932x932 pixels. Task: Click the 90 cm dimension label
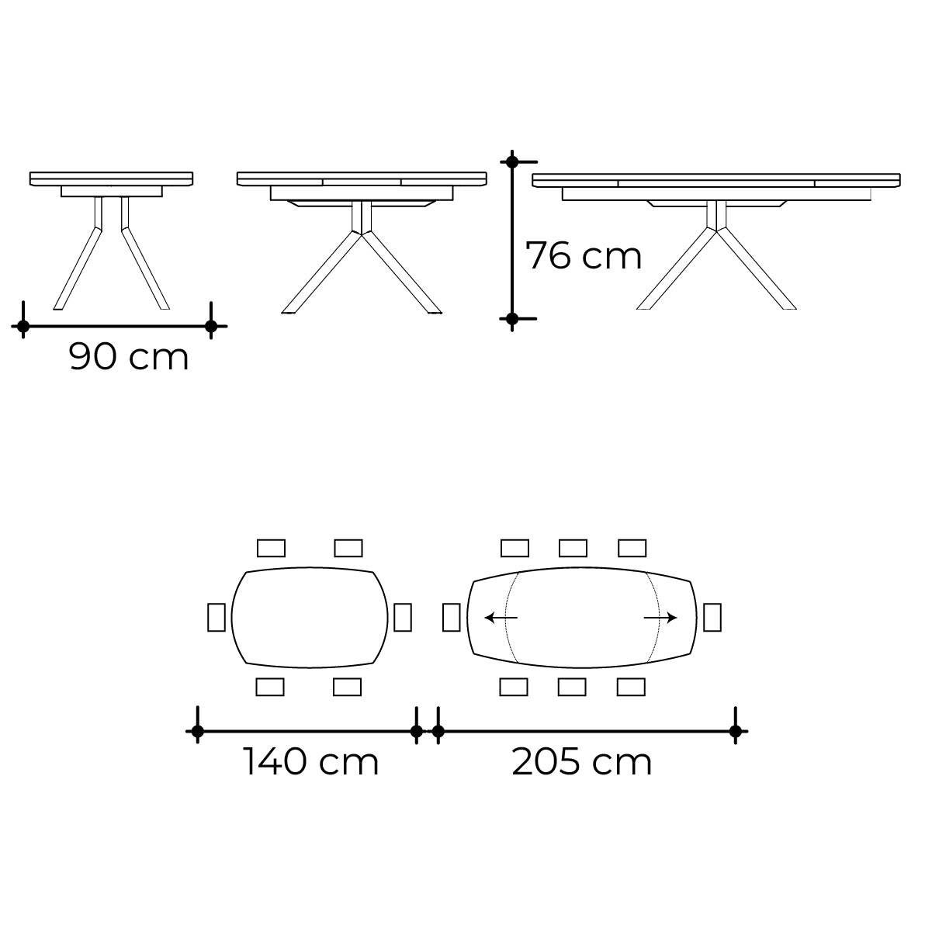[x=129, y=357]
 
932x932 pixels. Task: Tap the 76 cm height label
[x=584, y=255]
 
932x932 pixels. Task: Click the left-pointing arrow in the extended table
[x=501, y=618]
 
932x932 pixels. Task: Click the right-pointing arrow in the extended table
[x=660, y=618]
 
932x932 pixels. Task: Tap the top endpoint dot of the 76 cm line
[x=511, y=162]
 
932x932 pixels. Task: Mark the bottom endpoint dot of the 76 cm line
[x=511, y=318]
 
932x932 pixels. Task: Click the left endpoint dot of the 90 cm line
[x=23, y=327]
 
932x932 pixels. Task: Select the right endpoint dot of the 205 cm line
[x=735, y=731]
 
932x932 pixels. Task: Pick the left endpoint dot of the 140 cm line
[x=198, y=731]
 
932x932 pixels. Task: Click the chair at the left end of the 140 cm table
[x=217, y=617]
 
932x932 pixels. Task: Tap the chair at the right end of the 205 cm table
[x=712, y=617]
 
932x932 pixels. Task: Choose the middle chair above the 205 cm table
[x=573, y=548]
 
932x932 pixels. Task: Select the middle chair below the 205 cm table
[x=573, y=687]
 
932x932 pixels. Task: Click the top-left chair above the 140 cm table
[x=271, y=548]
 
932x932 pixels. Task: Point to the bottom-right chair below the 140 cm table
[x=348, y=687]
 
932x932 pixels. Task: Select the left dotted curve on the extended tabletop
[x=508, y=618]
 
